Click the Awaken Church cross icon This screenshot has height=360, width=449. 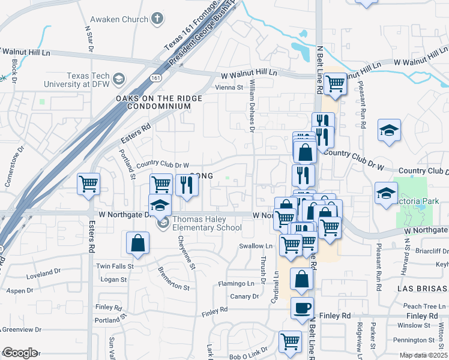158,19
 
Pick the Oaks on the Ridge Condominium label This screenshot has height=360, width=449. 153,102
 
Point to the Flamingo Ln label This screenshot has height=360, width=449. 236,283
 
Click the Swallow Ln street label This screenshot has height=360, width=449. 256,246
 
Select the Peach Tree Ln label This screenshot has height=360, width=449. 420,306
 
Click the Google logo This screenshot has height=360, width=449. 20,353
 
